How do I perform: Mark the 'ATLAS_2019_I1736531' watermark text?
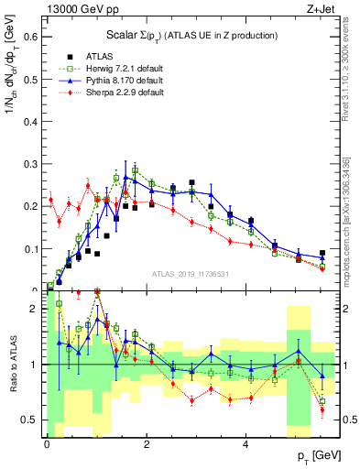pyautogui.click(x=189, y=274)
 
